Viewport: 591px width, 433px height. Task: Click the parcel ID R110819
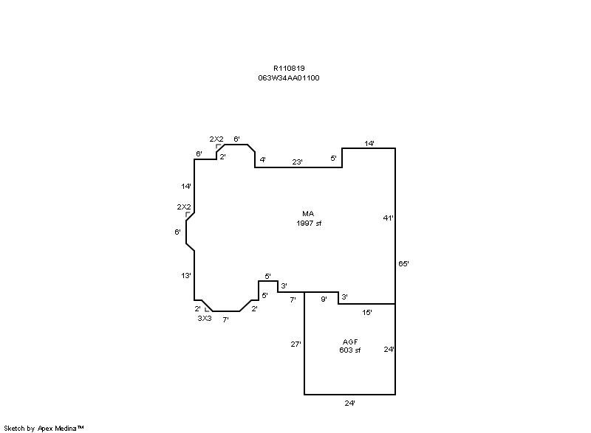[x=289, y=69]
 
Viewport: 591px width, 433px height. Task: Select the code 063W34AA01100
[x=289, y=78]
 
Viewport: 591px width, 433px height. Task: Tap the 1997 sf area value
[x=309, y=223]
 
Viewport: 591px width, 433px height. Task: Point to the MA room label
[x=308, y=214]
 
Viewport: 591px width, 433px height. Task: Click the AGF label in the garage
[x=350, y=342]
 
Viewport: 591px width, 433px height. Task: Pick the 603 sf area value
[x=349, y=350]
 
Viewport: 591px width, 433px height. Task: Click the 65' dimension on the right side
[x=403, y=264]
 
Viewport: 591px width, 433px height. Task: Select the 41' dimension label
[x=389, y=218]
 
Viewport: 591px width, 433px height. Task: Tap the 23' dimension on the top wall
[x=297, y=162]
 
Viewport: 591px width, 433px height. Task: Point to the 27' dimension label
[x=296, y=344]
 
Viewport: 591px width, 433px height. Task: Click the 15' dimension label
[x=367, y=312]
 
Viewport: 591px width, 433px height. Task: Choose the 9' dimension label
[x=324, y=299]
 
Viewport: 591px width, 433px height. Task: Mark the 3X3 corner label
[x=205, y=318]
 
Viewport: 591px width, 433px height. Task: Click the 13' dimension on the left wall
[x=186, y=276]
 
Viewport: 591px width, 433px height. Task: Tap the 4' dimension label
[x=263, y=159]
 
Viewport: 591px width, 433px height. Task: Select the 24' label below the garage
[x=349, y=403]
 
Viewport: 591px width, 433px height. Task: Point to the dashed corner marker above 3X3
[x=207, y=309]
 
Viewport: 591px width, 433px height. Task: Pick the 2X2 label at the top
[x=216, y=139]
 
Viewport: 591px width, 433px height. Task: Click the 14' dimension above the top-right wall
[x=369, y=143]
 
